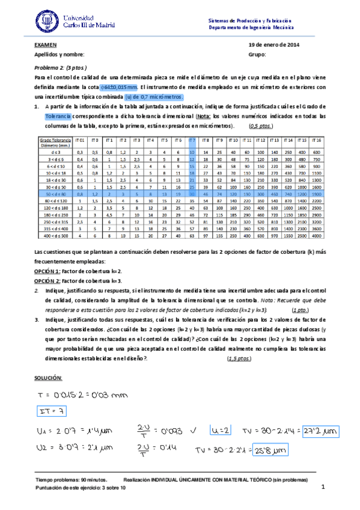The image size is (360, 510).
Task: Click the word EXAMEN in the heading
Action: coord(45,45)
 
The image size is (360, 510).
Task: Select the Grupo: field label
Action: coord(257,54)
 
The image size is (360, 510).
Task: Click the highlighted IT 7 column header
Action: coord(192,140)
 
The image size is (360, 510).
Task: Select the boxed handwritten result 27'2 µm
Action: coord(320,432)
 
